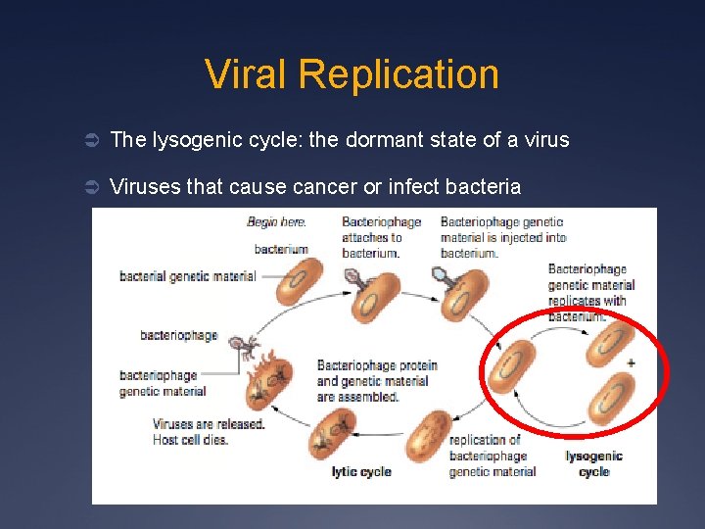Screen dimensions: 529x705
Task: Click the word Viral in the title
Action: pos(246,74)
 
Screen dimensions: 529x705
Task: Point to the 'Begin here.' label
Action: pos(275,222)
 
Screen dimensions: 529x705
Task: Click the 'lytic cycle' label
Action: pos(361,472)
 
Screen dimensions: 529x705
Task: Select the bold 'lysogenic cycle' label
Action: pos(593,463)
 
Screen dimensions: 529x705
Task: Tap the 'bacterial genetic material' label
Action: pos(187,276)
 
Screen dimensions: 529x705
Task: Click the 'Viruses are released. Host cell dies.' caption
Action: pos(209,432)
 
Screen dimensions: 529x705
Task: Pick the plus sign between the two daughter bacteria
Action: pos(631,363)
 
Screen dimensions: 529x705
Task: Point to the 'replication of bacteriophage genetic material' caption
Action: pos(492,456)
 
